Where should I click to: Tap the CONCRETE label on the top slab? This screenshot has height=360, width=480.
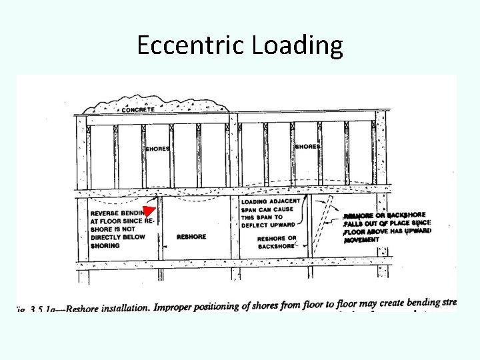(x=138, y=109)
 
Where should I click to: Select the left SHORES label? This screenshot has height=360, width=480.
(x=157, y=149)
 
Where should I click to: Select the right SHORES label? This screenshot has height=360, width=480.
(x=307, y=146)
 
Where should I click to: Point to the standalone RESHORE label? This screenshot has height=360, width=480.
(x=191, y=237)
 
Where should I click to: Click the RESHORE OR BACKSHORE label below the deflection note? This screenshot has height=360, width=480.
(x=277, y=242)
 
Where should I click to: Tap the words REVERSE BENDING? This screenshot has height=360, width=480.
(x=117, y=213)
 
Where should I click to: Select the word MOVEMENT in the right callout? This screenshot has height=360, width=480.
(x=362, y=239)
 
